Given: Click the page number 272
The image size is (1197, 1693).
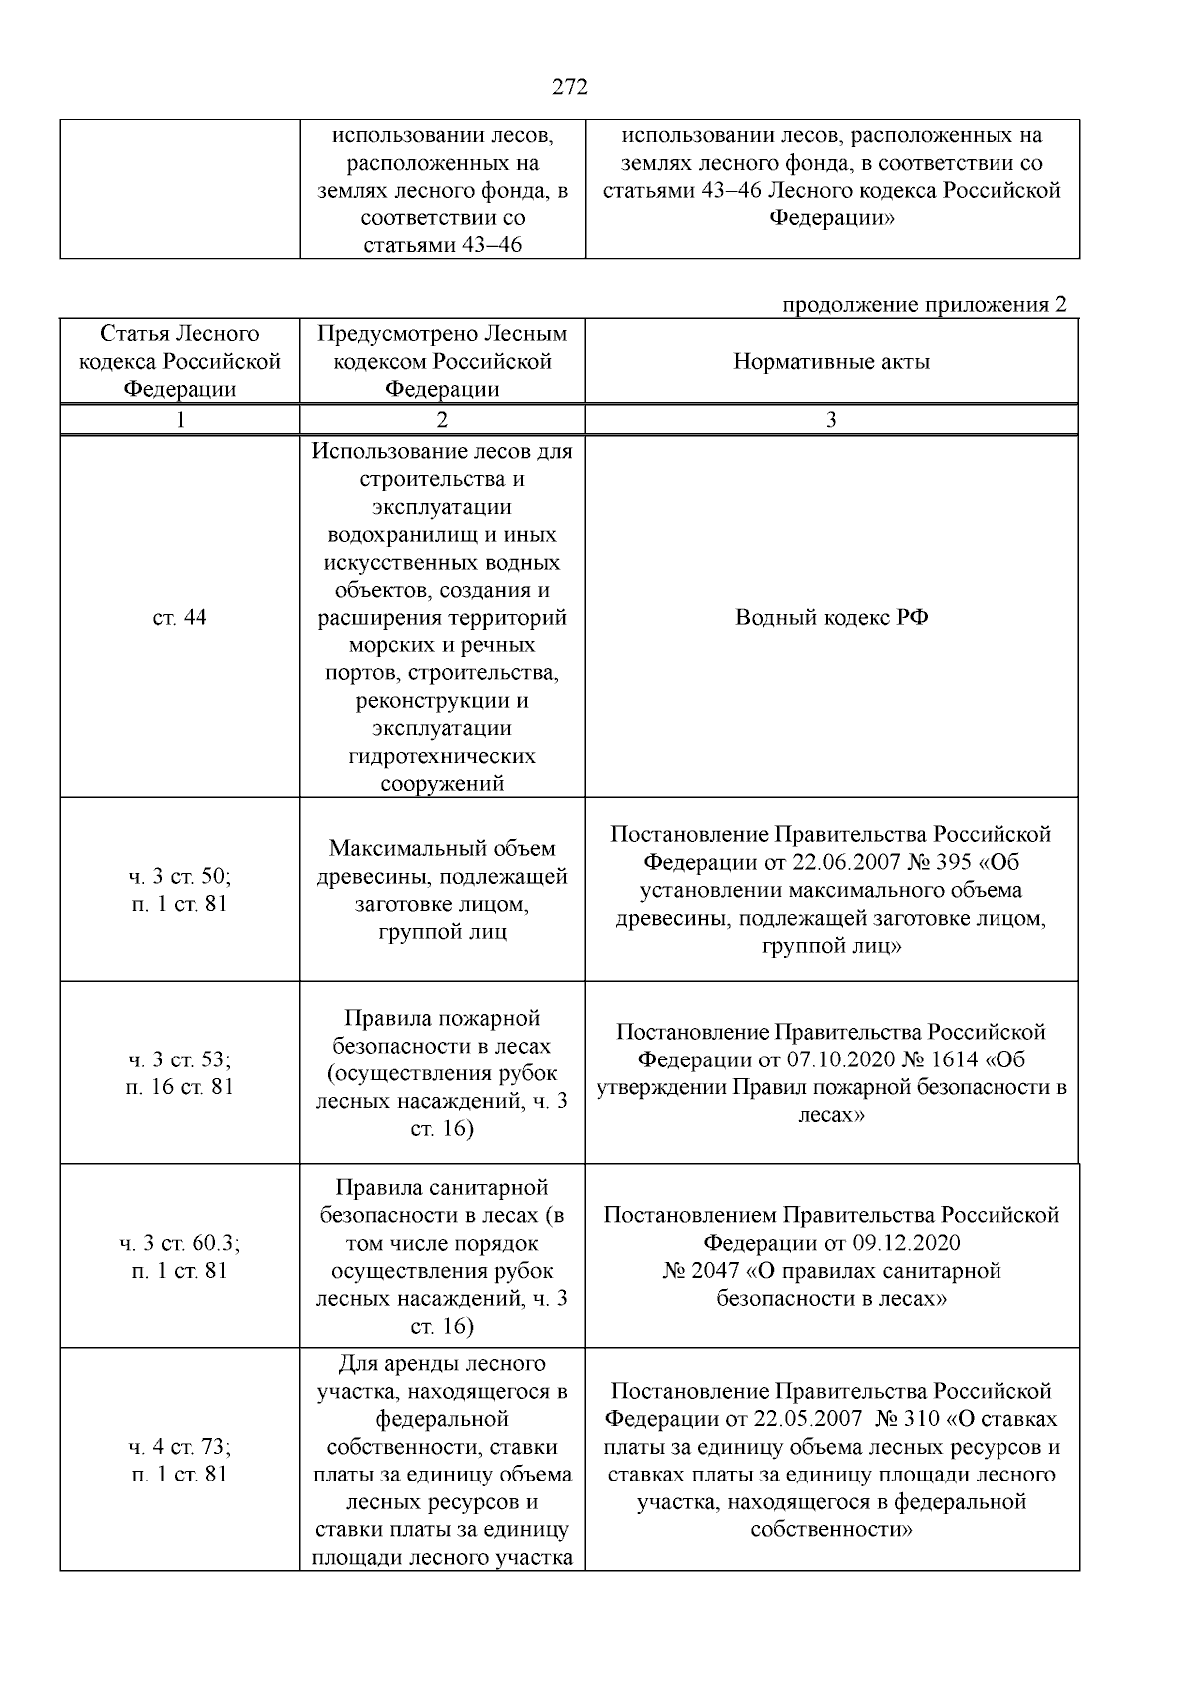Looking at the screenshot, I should point(570,87).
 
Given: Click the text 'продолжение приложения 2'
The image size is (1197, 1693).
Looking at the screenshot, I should point(924,304).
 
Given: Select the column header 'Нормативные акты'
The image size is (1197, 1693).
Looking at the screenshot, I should point(831,362).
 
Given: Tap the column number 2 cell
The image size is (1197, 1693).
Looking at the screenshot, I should point(442,420).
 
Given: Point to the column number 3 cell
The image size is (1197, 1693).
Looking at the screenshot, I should point(831,420).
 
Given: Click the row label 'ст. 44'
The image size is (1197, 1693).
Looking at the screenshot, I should point(180,617).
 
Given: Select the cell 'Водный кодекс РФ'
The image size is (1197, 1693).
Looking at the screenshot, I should point(831,617).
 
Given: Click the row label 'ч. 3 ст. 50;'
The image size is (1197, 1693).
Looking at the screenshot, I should point(180,876).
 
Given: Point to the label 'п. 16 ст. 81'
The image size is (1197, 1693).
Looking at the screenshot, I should point(180,1087).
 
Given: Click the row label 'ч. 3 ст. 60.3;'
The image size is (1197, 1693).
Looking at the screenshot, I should point(180,1243).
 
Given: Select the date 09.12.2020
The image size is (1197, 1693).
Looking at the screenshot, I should point(906,1243).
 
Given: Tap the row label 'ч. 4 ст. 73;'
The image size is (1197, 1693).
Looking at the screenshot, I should point(180,1447).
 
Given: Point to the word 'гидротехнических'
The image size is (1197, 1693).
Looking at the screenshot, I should point(442,756).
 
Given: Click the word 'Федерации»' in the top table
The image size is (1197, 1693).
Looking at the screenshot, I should point(831,217).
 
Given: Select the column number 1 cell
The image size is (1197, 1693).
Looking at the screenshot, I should point(180,420).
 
